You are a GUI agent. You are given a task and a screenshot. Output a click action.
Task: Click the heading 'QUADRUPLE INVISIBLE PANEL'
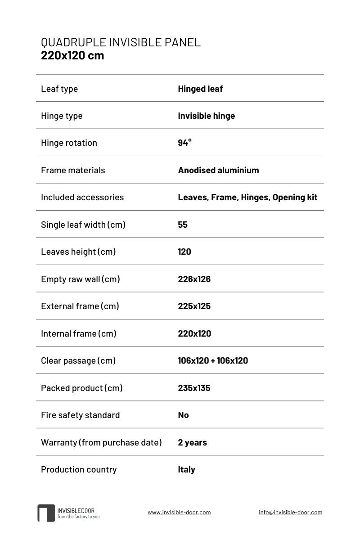click(x=121, y=42)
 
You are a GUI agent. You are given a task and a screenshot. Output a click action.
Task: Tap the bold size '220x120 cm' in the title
click(x=72, y=55)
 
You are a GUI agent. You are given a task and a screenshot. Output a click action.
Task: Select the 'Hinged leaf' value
click(x=200, y=89)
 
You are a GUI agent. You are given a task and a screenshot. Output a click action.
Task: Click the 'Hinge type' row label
click(x=62, y=116)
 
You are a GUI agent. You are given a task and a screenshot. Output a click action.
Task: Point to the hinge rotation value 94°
click(x=184, y=143)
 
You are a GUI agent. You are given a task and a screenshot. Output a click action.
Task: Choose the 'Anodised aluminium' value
click(x=218, y=170)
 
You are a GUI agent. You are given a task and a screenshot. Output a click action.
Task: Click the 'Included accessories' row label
click(x=82, y=197)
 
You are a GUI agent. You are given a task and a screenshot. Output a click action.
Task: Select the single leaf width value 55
click(x=183, y=225)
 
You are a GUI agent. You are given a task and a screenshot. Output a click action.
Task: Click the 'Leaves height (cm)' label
click(x=78, y=252)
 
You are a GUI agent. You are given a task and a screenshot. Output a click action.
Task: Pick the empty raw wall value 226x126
click(x=194, y=279)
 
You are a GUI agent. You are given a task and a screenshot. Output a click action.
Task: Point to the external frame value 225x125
click(x=194, y=306)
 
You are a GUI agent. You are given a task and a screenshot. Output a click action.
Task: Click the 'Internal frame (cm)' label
click(x=79, y=333)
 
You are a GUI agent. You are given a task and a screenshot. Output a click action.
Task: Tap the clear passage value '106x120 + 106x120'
click(x=213, y=360)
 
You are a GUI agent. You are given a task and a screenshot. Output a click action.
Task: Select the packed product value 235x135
click(x=194, y=388)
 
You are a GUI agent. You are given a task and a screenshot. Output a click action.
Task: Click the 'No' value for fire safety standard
click(x=183, y=415)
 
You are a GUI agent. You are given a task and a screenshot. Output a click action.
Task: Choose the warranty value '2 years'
click(x=192, y=442)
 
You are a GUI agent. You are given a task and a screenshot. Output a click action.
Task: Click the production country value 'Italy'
click(x=186, y=469)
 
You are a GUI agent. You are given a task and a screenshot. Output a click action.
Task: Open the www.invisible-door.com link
click(x=179, y=512)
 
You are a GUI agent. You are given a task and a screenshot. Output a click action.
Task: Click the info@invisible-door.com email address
click(x=290, y=512)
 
